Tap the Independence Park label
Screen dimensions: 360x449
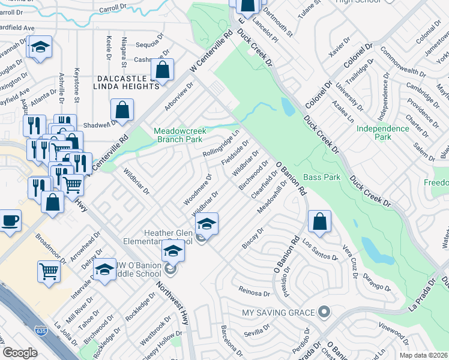pos(382,133)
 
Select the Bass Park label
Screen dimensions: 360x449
pos(322,177)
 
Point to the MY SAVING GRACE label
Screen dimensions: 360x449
pos(278,313)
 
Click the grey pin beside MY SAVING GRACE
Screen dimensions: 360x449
pos(324,312)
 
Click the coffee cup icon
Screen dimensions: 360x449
pos(10,220)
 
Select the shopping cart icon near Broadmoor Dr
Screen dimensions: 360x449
pos(48,271)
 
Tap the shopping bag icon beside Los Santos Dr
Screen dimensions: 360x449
pos(320,221)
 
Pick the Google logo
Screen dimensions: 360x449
pos(20,352)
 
